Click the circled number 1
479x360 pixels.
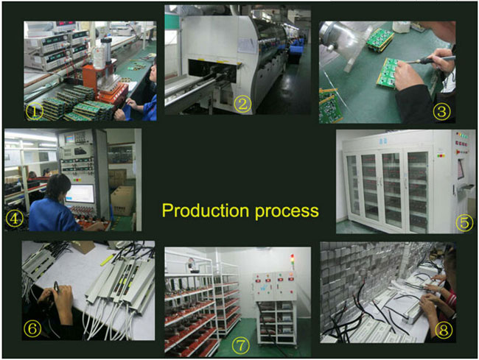tap(34, 112)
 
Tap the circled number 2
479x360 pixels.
tap(242, 104)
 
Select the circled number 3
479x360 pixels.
tap(441, 111)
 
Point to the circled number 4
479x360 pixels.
tap(14, 219)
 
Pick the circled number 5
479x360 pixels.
tap(464, 223)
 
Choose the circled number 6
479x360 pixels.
tap(32, 328)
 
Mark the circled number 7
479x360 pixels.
tap(240, 346)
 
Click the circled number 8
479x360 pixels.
tap(444, 330)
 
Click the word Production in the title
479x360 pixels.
tap(206, 211)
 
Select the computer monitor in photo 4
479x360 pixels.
tap(80, 194)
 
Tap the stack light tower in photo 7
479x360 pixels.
tap(292, 261)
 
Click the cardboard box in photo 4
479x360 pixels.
tap(122, 201)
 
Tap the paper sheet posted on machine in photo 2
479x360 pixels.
tap(247, 46)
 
